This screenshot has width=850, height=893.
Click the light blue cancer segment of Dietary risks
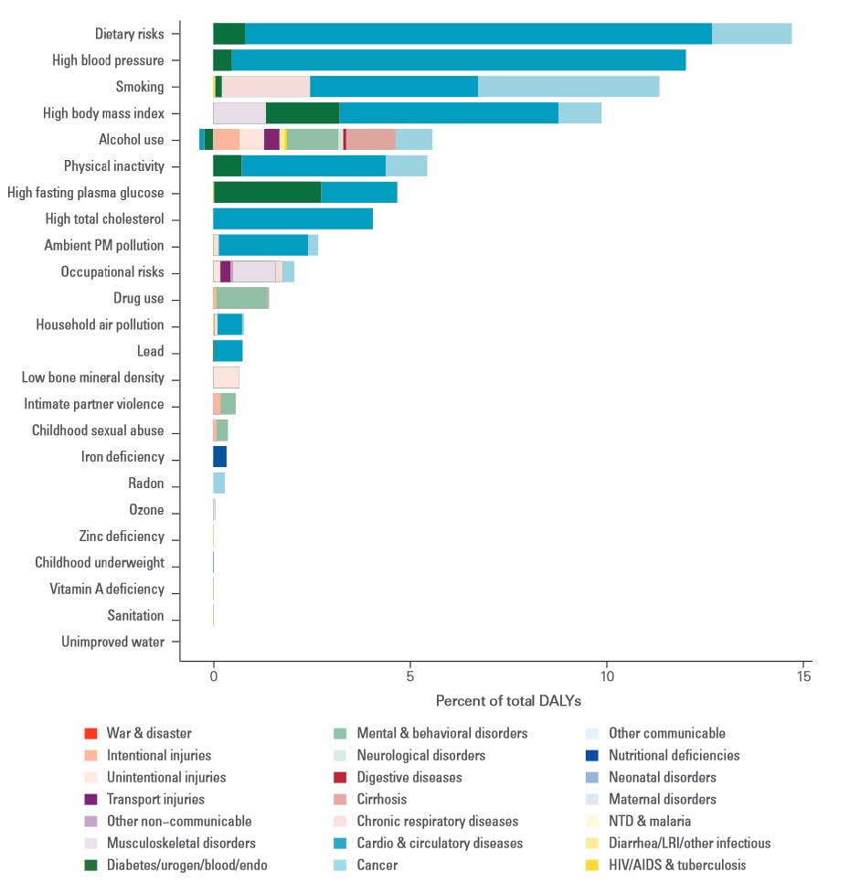tap(751, 34)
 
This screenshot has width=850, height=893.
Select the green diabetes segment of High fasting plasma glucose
tap(267, 193)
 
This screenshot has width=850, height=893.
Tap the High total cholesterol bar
tap(292, 219)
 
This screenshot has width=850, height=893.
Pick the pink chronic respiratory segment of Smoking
tap(266, 87)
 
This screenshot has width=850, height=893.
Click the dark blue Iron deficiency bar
tap(219, 457)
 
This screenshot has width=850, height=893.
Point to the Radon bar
tap(218, 484)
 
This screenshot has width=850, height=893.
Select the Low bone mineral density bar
tap(226, 377)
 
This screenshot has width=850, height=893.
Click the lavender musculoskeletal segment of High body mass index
tap(239, 113)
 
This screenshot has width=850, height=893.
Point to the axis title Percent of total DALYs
tap(508, 701)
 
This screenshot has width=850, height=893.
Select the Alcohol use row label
tap(132, 140)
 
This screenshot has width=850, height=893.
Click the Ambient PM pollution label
tap(104, 246)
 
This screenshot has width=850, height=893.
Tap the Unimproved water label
tap(112, 642)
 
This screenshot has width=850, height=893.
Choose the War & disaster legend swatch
tap(90, 734)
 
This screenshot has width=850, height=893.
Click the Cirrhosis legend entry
tap(382, 800)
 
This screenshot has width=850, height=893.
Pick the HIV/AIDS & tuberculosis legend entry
tap(676, 866)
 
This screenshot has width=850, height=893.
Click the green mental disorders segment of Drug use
tap(242, 298)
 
